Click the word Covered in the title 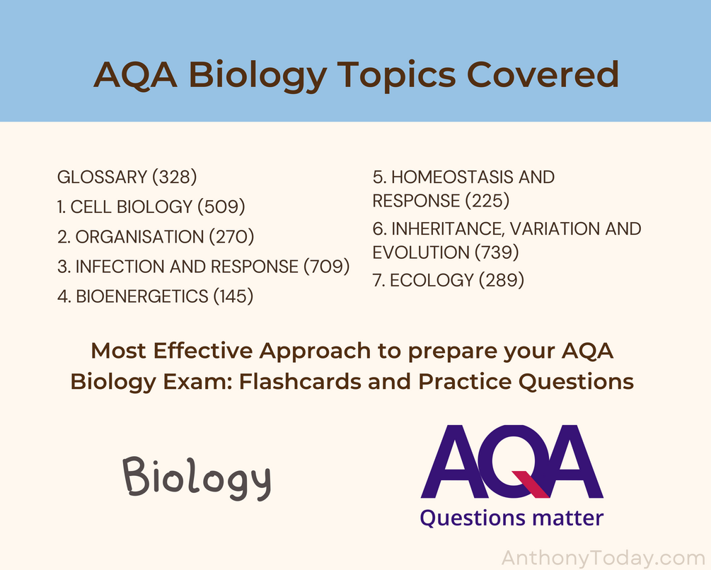[543, 74]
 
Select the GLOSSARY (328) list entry [127, 177]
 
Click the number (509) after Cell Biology [221, 207]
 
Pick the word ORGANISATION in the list [139, 236]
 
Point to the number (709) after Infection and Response [326, 267]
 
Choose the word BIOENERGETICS [142, 296]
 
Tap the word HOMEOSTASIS [449, 178]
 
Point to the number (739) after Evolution [497, 252]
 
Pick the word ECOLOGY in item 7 [432, 280]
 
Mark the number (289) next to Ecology [502, 280]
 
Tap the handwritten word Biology [197, 477]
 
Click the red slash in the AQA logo [531, 484]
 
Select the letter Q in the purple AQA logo [512, 461]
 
